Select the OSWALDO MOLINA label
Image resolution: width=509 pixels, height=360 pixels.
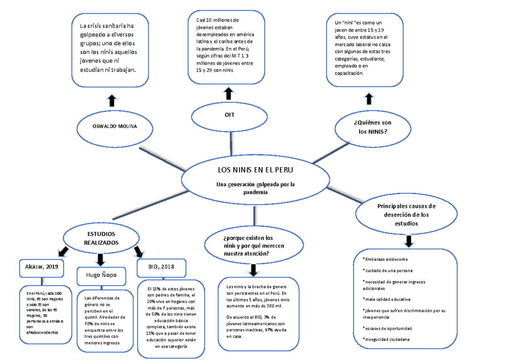click(x=115, y=126)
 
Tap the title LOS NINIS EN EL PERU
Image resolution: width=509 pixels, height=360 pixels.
click(x=255, y=170)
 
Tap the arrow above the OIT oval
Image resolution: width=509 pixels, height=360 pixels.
click(x=229, y=93)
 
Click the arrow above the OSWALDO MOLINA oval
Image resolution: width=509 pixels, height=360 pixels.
click(x=112, y=100)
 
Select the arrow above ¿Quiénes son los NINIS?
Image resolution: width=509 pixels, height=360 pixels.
click(x=369, y=99)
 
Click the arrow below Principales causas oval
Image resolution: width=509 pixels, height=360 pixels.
click(x=409, y=241)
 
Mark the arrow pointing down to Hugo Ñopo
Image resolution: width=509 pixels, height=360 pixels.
click(x=100, y=260)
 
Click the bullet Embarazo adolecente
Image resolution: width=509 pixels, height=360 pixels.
click(x=386, y=259)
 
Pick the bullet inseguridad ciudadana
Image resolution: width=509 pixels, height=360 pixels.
click(x=386, y=339)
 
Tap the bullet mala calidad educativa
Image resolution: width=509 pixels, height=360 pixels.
click(x=387, y=299)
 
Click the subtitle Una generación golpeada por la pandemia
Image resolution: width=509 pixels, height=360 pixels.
click(x=255, y=188)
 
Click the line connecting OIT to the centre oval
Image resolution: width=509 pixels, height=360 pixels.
click(x=231, y=144)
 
